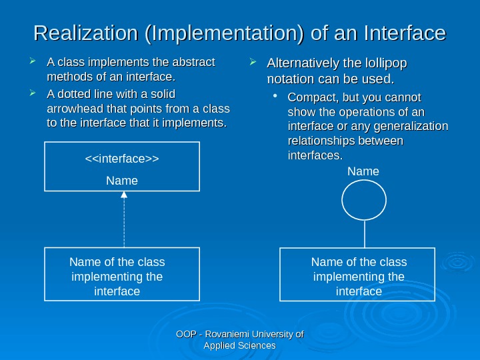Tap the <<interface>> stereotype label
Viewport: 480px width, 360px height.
pos(122,159)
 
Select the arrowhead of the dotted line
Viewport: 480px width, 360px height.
pos(123,195)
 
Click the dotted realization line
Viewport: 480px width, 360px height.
pos(123,223)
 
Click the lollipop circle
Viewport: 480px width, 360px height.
pos(364,201)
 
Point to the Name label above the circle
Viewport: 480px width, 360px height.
pos(363,172)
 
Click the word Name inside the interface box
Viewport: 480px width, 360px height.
pos(122,181)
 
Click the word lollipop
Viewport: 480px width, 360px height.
pos(383,64)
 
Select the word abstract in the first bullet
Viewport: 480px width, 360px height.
pos(191,63)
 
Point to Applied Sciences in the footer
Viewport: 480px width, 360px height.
pos(239,345)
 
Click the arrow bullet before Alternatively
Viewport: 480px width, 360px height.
pos(253,64)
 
